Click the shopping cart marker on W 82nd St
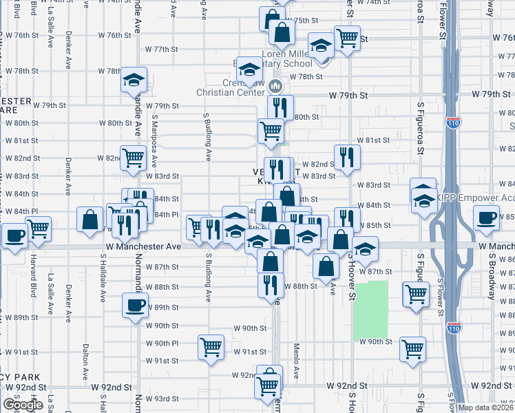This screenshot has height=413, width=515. point(133,158)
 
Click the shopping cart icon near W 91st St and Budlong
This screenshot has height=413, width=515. point(211,347)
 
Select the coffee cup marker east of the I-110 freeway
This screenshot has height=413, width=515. point(488,218)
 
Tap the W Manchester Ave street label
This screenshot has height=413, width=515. point(143,246)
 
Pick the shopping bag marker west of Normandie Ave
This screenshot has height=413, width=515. point(90,220)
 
